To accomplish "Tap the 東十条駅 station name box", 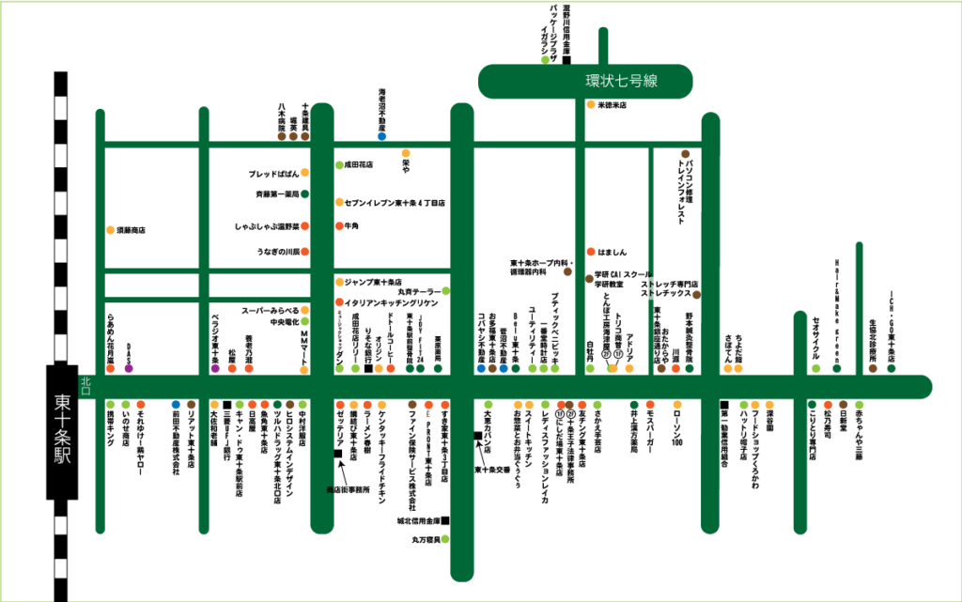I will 61,431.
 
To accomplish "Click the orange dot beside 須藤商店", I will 110,230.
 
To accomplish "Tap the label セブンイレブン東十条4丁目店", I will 395,202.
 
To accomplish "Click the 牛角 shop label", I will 352,226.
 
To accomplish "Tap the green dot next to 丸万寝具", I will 448,539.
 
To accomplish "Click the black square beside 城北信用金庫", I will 445,520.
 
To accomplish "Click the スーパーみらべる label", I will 271,309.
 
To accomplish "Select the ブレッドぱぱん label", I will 273,174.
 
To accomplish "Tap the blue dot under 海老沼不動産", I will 381,136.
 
